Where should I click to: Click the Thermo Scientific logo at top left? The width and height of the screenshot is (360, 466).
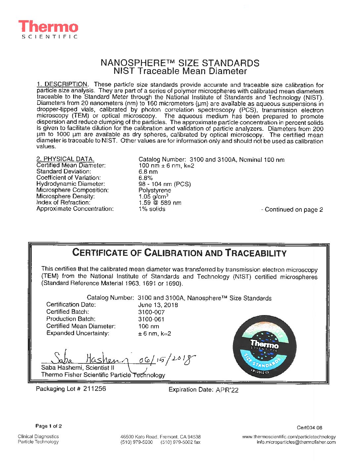coord(48,29)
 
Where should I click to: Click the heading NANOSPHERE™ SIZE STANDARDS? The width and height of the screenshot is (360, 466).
coord(180,63)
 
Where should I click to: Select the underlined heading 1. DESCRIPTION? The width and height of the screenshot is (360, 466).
coord(62,84)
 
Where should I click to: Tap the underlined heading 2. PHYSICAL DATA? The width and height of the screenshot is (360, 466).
coord(65,159)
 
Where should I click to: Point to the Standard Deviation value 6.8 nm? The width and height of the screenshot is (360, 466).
coord(148,172)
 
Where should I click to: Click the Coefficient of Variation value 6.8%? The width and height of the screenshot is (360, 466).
coord(146,178)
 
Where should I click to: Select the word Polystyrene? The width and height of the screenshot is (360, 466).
coord(155,190)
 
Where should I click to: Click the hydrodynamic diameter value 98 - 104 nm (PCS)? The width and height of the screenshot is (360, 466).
coord(164,184)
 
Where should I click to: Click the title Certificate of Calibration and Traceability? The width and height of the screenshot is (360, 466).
coord(179,253)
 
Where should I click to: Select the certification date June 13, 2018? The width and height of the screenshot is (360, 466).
coord(158,305)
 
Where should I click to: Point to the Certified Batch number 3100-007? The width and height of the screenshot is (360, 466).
coord(151,312)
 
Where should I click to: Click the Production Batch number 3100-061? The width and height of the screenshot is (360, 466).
coord(151,319)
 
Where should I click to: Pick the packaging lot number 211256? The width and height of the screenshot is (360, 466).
coord(95,389)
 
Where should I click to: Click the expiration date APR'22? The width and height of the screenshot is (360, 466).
coord(227,390)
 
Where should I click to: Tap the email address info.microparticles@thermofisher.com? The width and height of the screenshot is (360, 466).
coord(296,442)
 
